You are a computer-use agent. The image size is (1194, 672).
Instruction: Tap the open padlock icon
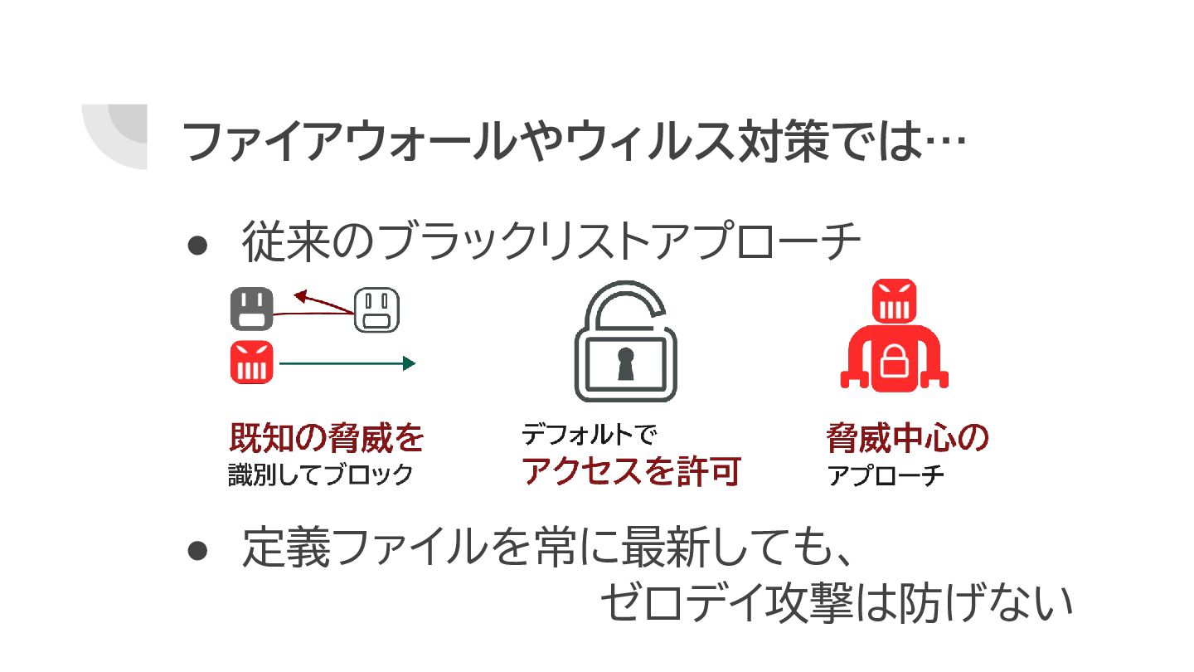click(x=625, y=343)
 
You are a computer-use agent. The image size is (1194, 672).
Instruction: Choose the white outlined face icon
click(x=377, y=309)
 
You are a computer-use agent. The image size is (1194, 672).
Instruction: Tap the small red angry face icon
click(x=251, y=363)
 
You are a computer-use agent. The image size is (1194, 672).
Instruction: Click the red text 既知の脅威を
click(x=327, y=437)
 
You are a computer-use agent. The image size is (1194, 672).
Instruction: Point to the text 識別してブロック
click(x=320, y=475)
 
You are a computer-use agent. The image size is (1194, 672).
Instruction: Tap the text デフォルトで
click(x=588, y=433)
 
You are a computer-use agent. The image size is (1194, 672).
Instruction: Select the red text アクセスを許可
click(x=631, y=471)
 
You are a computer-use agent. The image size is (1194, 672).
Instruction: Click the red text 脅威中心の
click(x=908, y=438)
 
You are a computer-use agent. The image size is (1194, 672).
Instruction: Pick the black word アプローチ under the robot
click(x=886, y=477)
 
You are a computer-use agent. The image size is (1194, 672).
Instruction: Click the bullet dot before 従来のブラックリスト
click(x=197, y=245)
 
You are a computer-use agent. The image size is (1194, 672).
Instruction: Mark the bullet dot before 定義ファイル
click(x=197, y=550)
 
